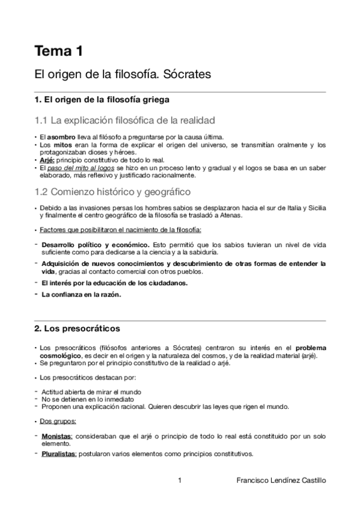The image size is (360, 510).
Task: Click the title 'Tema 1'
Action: [x=58, y=51]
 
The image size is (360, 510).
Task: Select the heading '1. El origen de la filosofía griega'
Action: [x=102, y=99]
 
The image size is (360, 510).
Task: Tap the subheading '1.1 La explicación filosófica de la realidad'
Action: [x=125, y=120]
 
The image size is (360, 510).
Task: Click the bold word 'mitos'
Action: [x=59, y=145]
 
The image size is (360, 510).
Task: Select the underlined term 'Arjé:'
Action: [x=47, y=161]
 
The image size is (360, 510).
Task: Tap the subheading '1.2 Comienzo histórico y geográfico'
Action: [x=112, y=192]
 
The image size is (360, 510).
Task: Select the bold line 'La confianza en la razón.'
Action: [x=81, y=294]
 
